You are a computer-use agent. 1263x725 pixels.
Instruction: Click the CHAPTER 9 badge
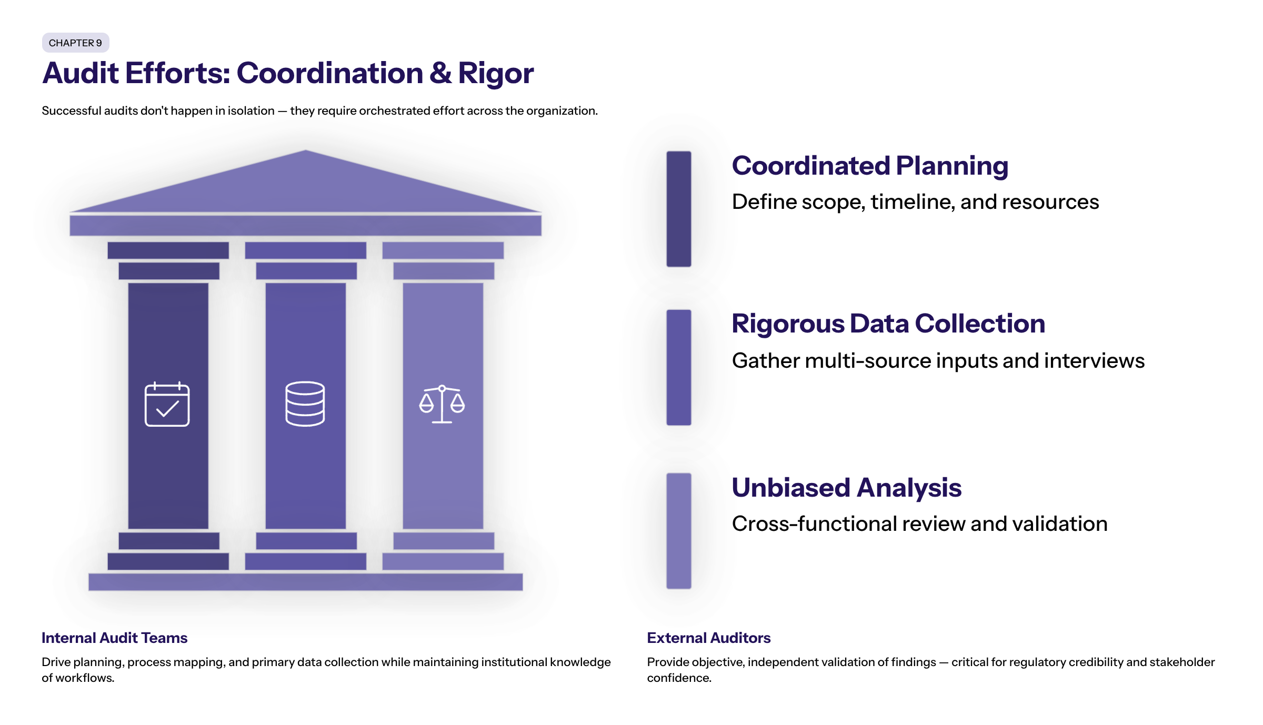75,43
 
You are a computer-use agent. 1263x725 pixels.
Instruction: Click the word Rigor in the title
496,74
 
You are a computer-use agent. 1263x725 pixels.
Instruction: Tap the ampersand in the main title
440,73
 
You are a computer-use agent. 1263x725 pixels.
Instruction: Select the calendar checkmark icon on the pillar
167,404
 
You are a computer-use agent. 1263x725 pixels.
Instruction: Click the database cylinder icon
305,404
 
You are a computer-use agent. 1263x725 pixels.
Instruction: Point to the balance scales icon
442,404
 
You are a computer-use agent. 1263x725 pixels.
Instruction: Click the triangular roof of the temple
306,182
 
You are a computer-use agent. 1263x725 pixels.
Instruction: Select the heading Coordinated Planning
870,166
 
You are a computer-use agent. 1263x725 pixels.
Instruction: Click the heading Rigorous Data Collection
888,324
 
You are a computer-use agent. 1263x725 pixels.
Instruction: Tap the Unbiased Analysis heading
847,488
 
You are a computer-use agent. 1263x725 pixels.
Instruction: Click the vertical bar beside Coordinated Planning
679,209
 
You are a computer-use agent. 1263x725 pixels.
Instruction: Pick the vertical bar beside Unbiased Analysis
679,531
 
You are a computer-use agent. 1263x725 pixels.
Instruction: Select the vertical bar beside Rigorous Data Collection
679,367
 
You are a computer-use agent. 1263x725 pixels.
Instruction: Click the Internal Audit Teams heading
115,638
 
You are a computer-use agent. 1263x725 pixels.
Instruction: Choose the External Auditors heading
709,638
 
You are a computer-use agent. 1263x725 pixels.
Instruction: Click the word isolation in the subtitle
251,111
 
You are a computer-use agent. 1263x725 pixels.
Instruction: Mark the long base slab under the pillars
306,582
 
